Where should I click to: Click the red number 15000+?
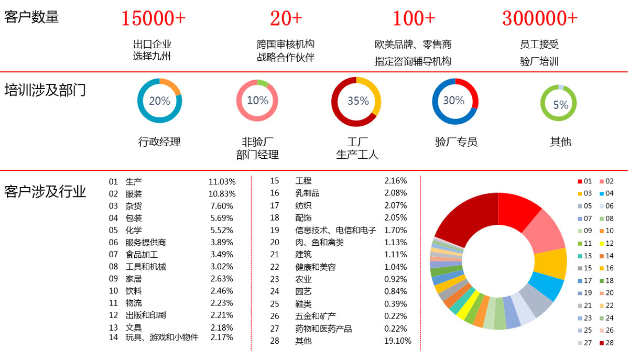[x=153, y=18]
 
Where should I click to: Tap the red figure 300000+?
[x=540, y=18]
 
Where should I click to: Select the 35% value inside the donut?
[x=358, y=101]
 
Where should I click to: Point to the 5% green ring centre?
[x=560, y=104]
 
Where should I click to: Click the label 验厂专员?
[x=456, y=142]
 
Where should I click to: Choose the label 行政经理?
[x=159, y=142]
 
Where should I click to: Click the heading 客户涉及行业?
[x=45, y=191]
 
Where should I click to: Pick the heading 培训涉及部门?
[x=45, y=90]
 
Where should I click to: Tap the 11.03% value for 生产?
[x=222, y=182]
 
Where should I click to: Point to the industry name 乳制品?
[x=307, y=193]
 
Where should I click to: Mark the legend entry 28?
[x=606, y=343]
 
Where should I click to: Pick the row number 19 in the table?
[x=275, y=231]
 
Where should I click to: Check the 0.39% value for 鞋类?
[x=395, y=304]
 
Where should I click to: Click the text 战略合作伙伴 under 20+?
[x=285, y=58]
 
